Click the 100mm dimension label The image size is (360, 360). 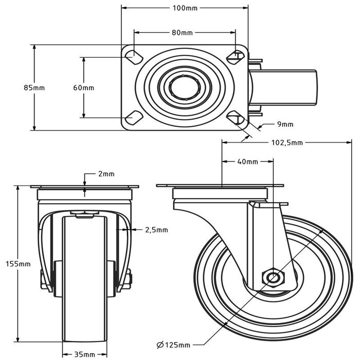(185, 8)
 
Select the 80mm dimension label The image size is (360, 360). (182, 33)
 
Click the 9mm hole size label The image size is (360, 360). (284, 124)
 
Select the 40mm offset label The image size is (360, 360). (247, 161)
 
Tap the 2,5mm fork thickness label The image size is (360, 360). (156, 229)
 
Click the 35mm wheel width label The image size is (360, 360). (84, 354)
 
